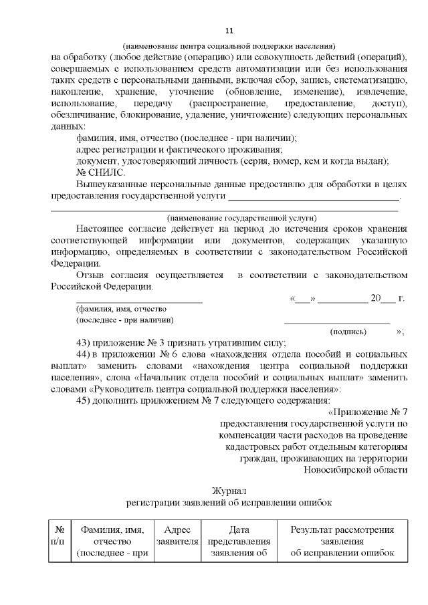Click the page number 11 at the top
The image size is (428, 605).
click(x=229, y=31)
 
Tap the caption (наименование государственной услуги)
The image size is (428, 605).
click(x=241, y=218)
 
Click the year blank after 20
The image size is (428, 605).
click(x=388, y=298)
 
